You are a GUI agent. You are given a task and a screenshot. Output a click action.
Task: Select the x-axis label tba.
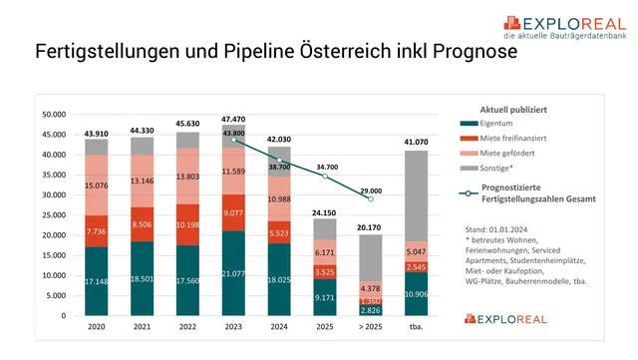click(x=417, y=327)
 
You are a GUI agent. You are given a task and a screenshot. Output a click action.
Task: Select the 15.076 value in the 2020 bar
click(x=97, y=184)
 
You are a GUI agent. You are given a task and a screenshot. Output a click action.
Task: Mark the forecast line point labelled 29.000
click(x=371, y=198)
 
